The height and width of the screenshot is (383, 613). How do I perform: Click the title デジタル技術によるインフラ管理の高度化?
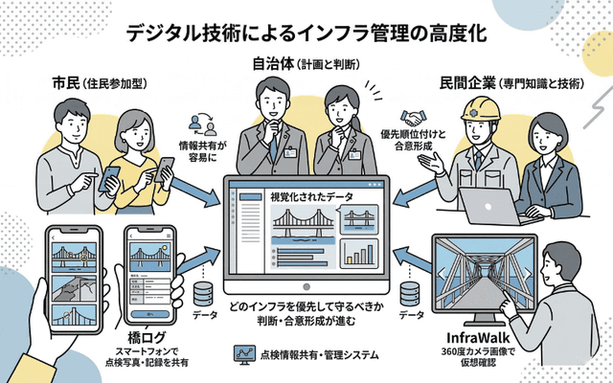306,32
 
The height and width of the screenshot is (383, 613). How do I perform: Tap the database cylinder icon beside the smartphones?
202,292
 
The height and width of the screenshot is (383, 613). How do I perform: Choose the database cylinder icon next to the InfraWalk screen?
411,292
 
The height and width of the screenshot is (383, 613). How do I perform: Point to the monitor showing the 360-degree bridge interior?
484,278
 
